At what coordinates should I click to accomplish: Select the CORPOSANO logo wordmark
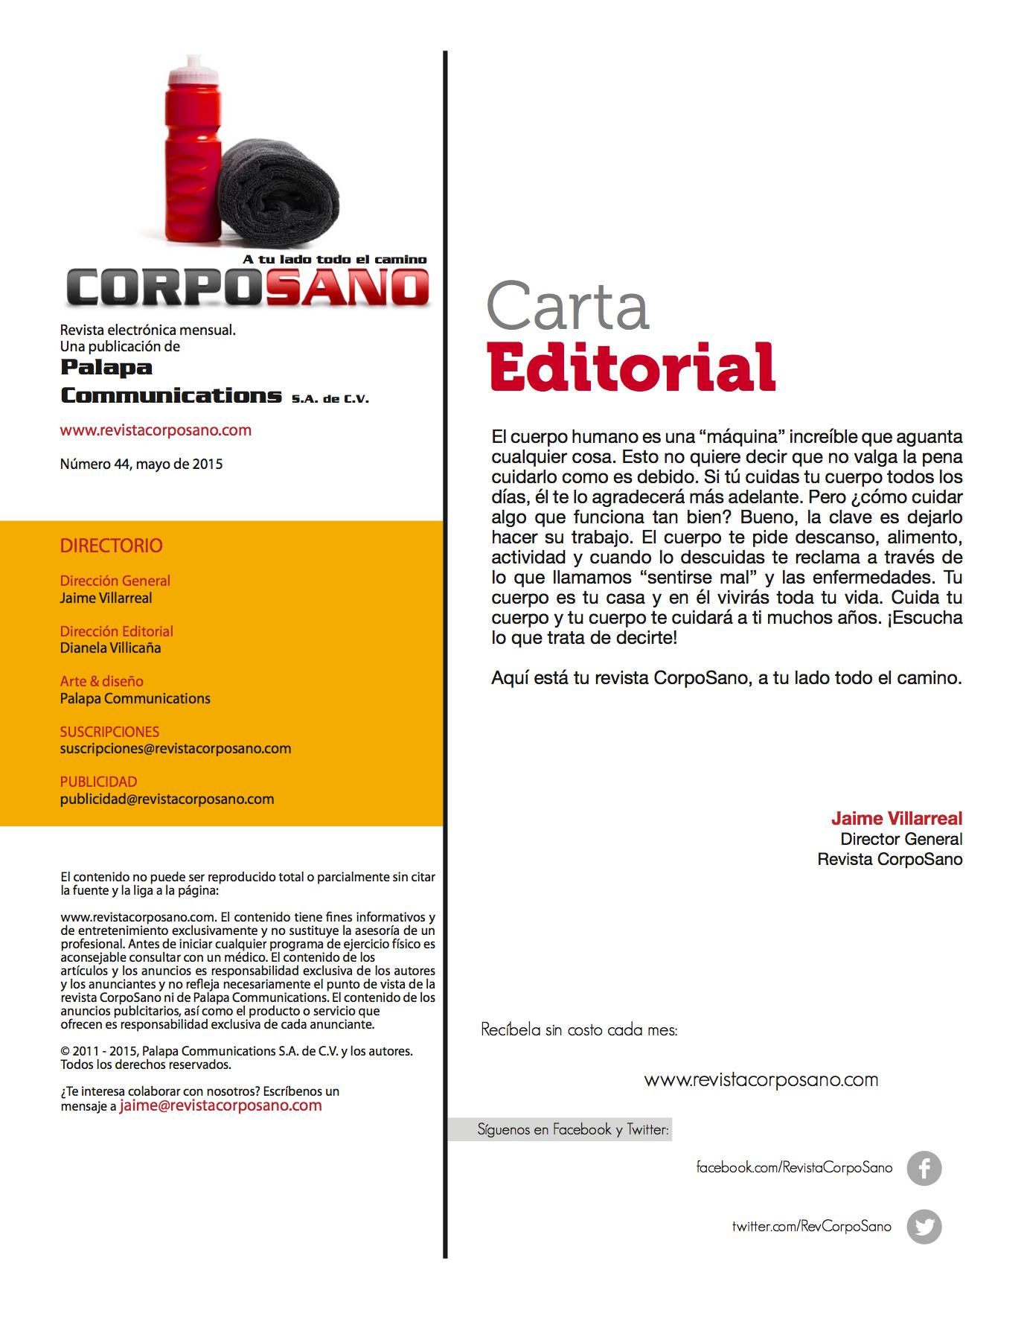click(249, 287)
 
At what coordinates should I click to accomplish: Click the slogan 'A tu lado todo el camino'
click(335, 259)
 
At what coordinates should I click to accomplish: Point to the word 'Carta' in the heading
click(568, 305)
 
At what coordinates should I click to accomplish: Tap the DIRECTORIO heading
click(111, 546)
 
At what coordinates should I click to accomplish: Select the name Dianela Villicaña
click(110, 648)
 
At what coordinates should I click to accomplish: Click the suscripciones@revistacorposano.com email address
click(176, 748)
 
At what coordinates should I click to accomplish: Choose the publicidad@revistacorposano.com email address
click(167, 799)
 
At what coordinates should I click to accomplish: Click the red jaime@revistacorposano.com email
click(220, 1105)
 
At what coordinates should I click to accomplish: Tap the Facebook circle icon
click(924, 1168)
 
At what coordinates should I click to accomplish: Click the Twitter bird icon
click(924, 1227)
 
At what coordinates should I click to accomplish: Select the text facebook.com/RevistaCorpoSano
click(793, 1167)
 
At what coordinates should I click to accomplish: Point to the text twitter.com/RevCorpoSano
click(811, 1226)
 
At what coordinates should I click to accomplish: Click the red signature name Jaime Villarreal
click(896, 819)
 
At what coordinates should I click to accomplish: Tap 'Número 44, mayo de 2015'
click(141, 464)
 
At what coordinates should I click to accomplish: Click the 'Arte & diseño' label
click(102, 681)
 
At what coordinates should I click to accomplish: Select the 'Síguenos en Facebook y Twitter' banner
click(573, 1129)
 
